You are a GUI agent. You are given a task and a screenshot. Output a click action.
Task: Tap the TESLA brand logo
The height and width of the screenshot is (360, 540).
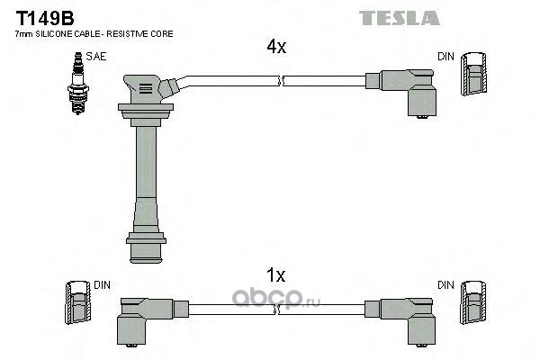tap(399, 17)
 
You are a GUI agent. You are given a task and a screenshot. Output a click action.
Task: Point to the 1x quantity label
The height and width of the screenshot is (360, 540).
tap(276, 275)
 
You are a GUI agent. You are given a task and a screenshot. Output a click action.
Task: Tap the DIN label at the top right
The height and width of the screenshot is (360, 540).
tap(446, 57)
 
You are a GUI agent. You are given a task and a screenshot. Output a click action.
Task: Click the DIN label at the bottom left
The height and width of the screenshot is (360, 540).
tap(102, 284)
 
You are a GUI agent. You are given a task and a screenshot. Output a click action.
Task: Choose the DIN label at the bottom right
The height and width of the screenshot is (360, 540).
tap(446, 284)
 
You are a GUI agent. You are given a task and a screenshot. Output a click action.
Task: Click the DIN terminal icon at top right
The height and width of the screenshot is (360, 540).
tap(474, 75)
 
